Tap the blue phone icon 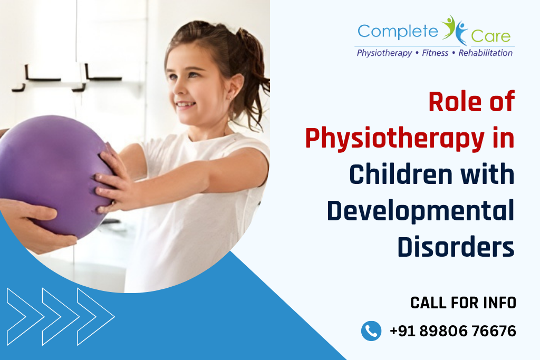point(371,331)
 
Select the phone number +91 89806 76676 point(452,331)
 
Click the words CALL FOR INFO point(463,303)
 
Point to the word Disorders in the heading point(456,247)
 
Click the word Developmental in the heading point(420,211)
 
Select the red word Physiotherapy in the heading point(394,139)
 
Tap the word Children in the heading point(401,174)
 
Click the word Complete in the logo point(398,32)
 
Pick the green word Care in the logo point(491,36)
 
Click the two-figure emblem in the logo point(454,30)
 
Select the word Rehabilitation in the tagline point(485,53)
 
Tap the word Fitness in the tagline point(435,53)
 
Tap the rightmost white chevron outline point(96,317)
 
